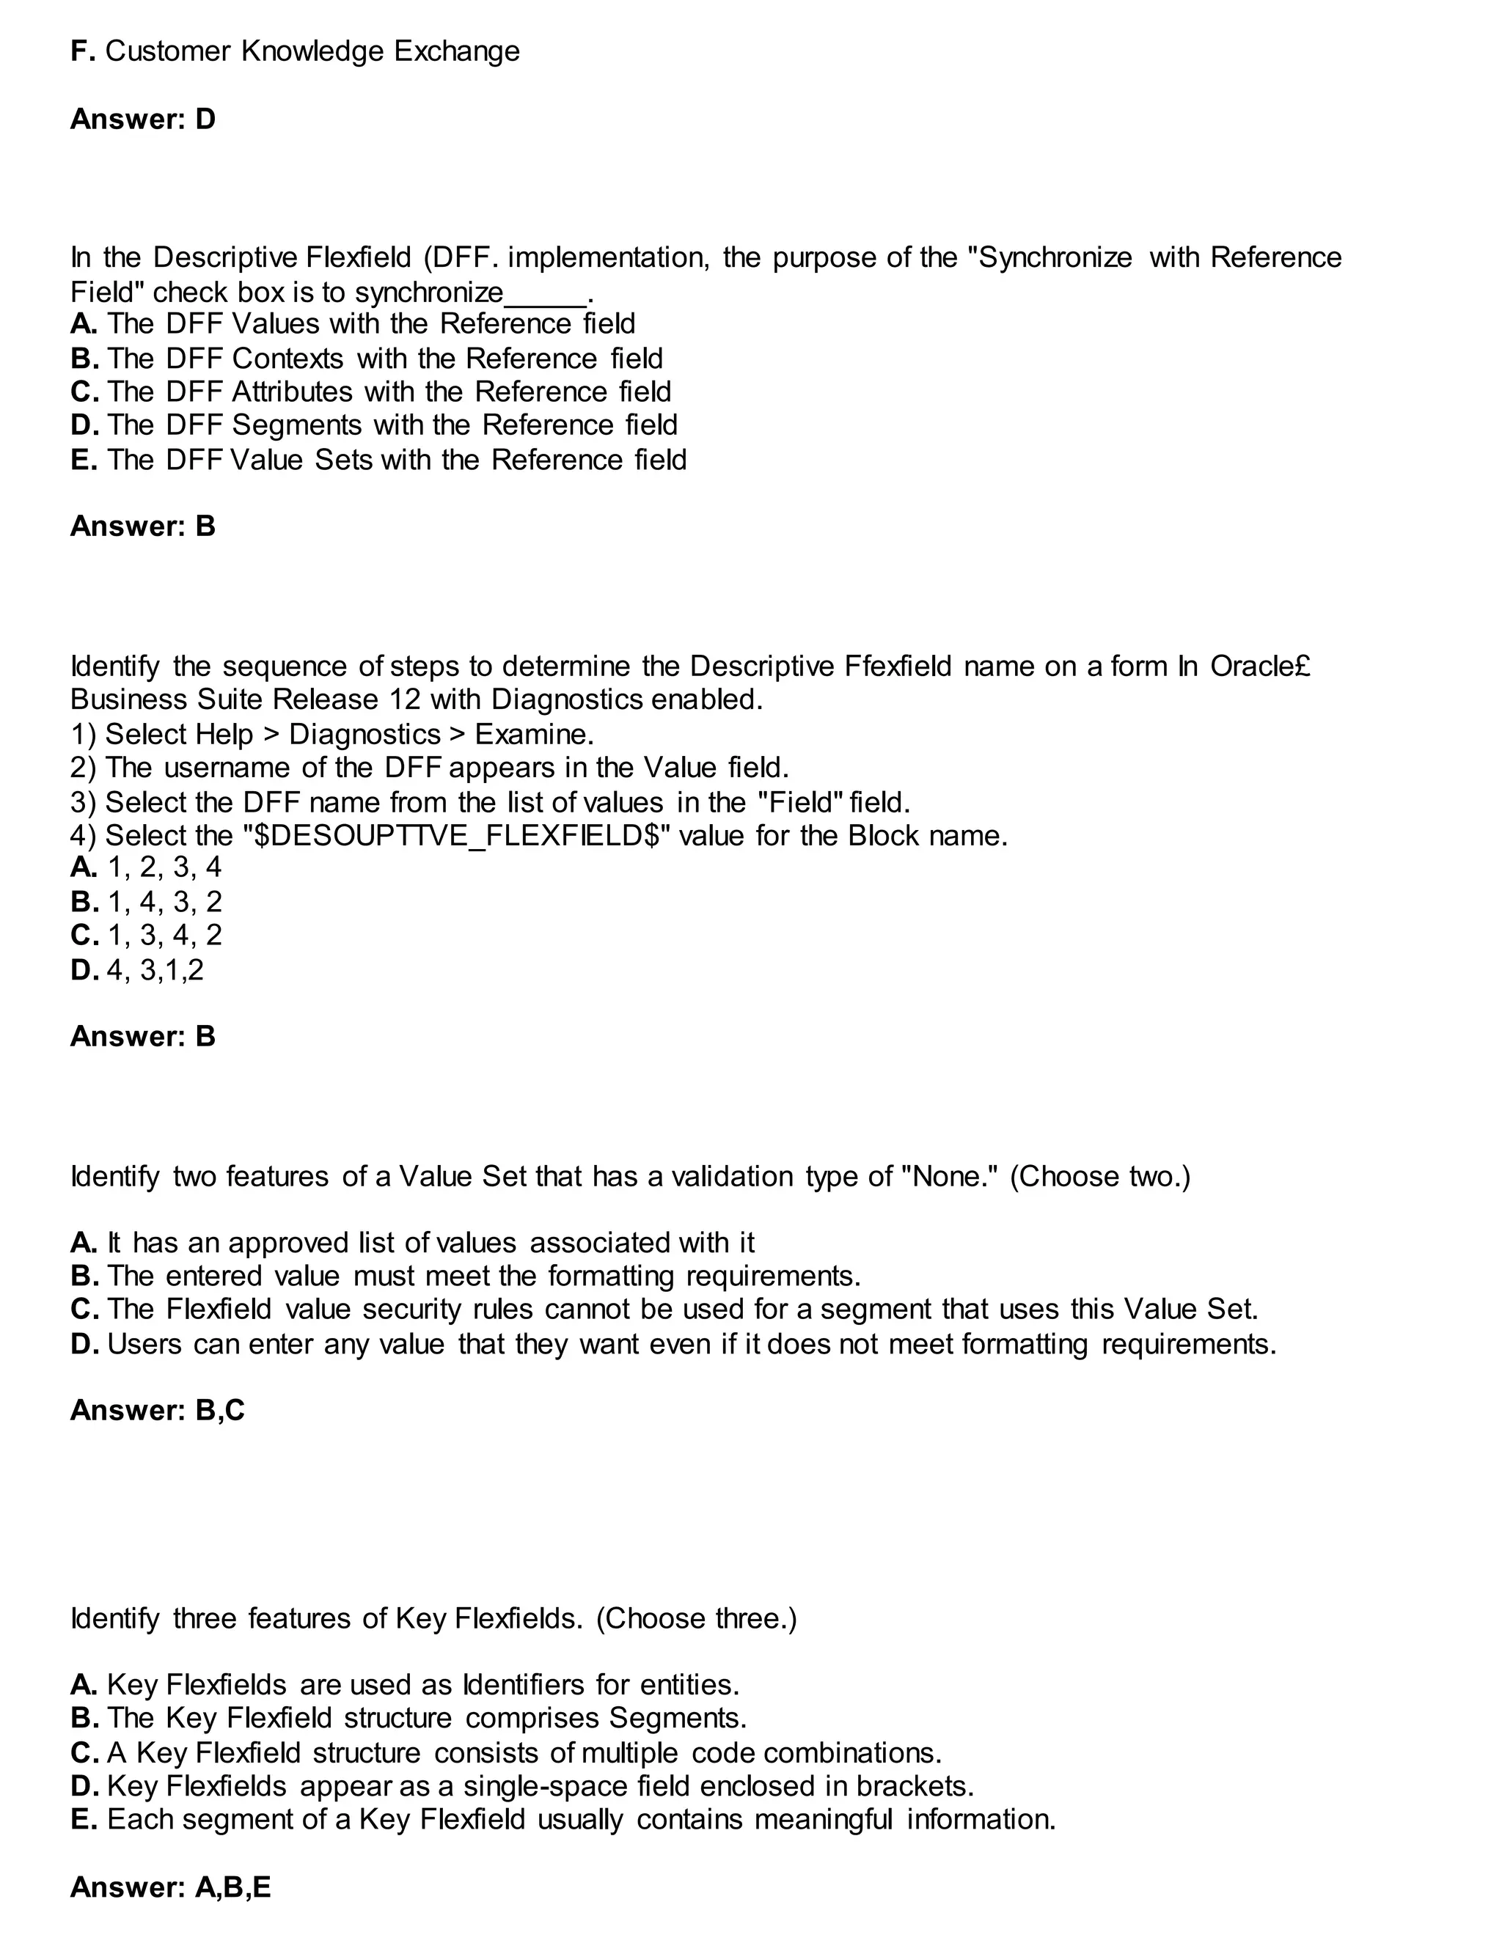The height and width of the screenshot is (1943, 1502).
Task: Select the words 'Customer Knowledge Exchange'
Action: pos(312,51)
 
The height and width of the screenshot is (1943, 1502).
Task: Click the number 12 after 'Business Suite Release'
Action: pos(405,699)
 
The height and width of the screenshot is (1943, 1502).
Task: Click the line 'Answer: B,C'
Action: pos(157,1410)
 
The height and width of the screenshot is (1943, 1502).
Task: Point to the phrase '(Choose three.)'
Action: pos(696,1618)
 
